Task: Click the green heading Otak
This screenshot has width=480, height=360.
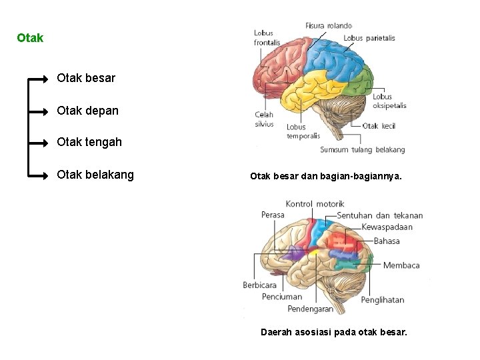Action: pos(30,38)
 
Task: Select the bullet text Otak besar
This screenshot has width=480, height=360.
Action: pos(86,78)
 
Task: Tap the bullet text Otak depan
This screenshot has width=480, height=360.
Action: pos(87,111)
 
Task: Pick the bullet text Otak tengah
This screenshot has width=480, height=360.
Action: pos(89,142)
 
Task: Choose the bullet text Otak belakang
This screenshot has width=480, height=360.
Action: pos(95,175)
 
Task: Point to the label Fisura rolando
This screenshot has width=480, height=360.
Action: pos(328,25)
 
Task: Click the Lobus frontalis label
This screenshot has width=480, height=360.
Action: pos(266,38)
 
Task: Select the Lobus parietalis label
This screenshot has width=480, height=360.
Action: pos(369,38)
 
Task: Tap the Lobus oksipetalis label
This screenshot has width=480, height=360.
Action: pos(389,101)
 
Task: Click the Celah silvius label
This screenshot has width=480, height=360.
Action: pos(264,119)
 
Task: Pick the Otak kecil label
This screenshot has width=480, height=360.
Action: pos(379,126)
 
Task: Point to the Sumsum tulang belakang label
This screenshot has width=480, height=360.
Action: pos(362,150)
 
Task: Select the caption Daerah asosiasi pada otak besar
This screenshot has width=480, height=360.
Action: pos(333,331)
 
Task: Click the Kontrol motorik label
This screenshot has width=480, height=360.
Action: pos(315,203)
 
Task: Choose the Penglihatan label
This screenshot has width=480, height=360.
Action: pos(382,300)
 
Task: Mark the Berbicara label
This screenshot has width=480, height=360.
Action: pos(259,285)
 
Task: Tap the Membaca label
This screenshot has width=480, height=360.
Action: pos(401,265)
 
